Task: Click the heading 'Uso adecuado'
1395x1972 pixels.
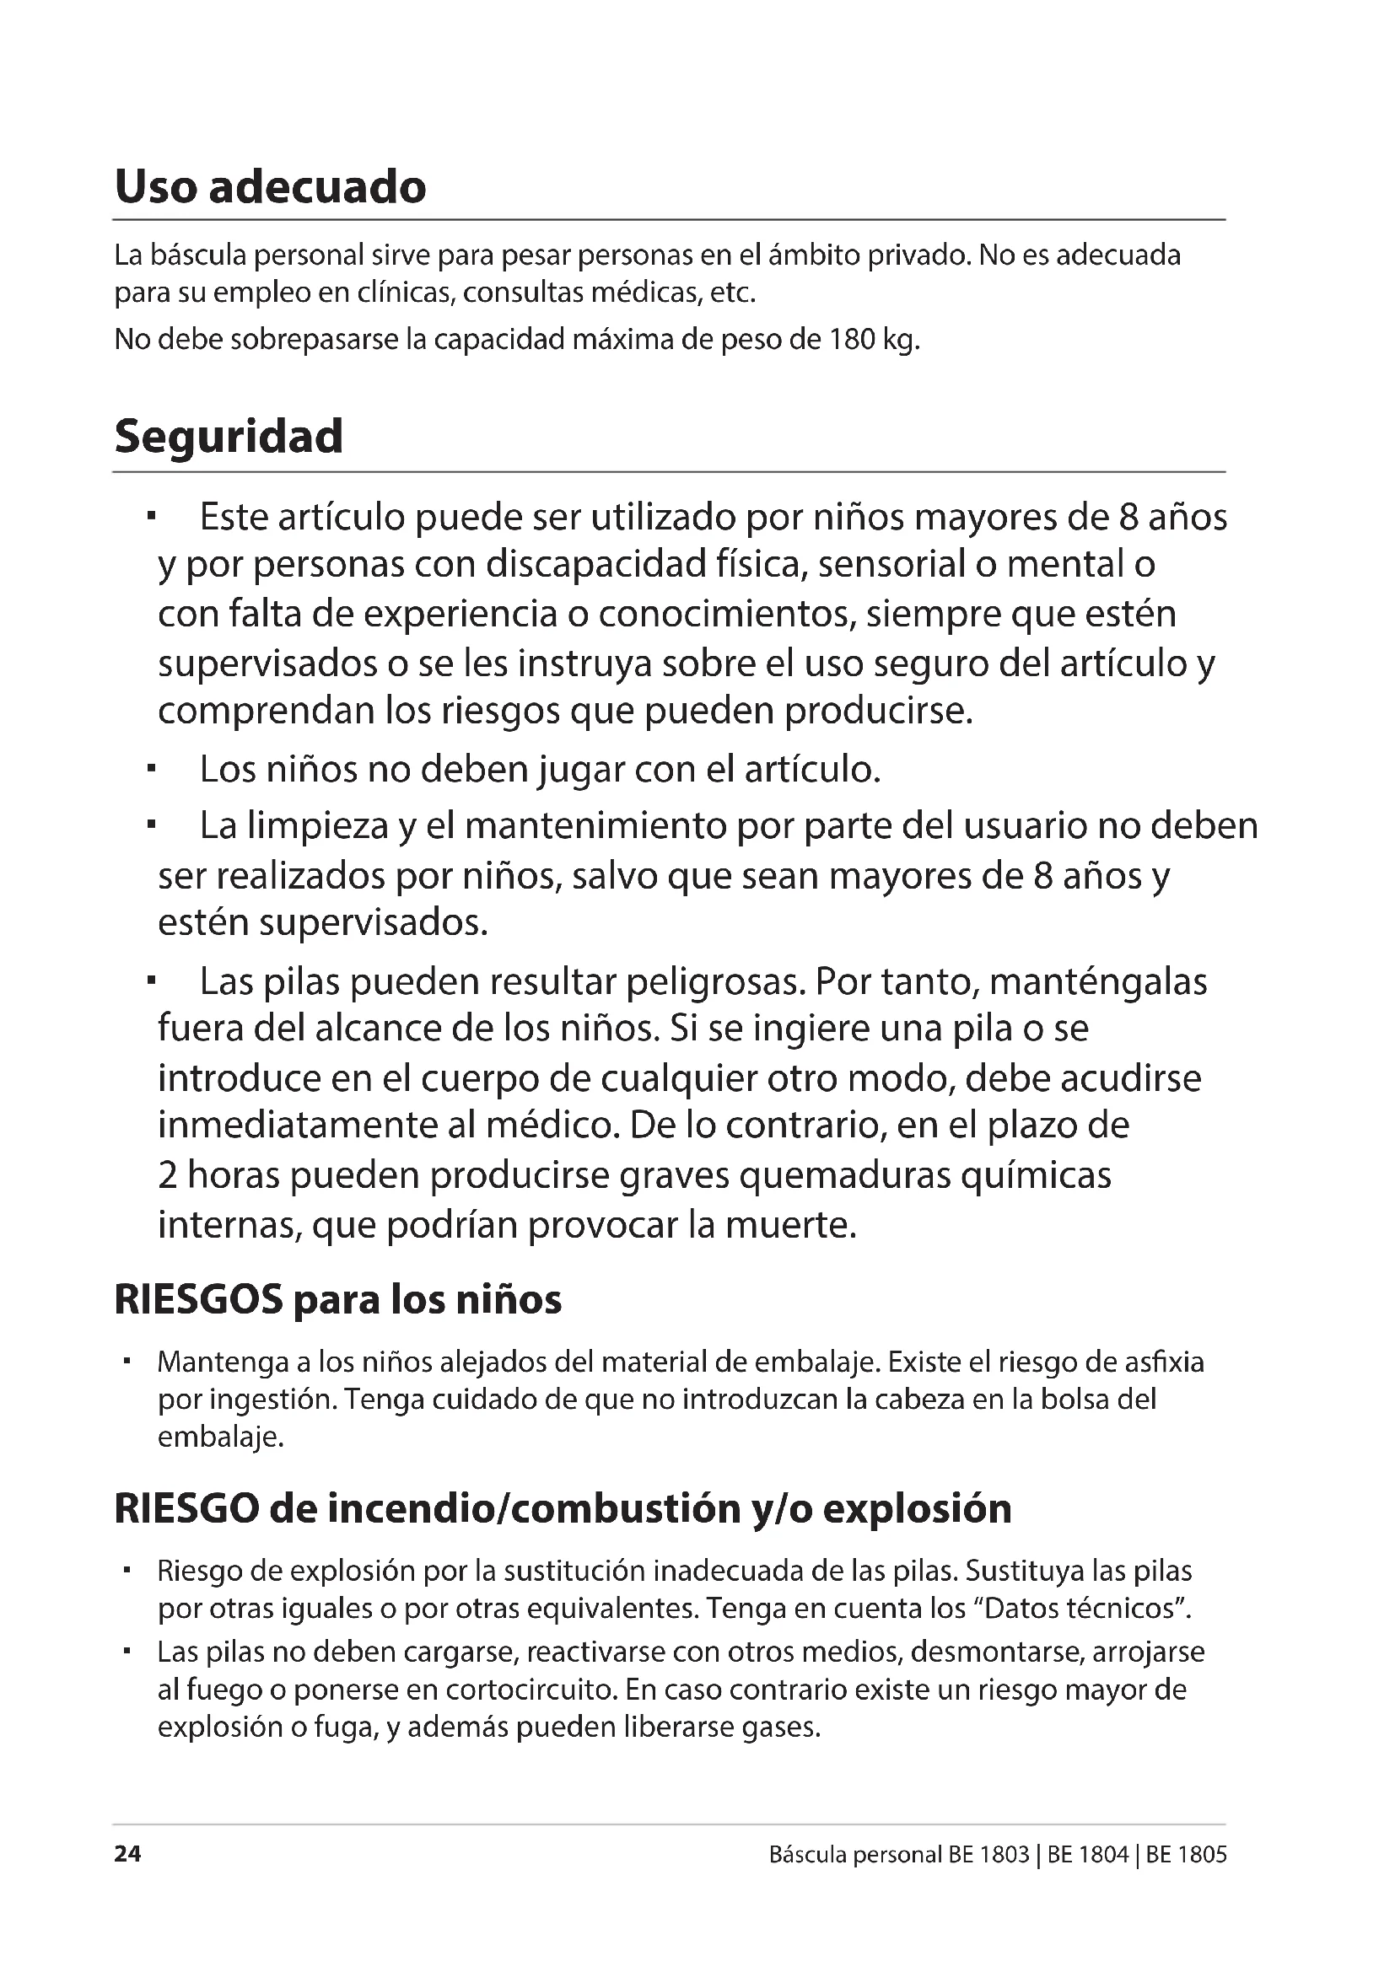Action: [x=270, y=186]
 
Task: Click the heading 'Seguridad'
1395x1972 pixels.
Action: [x=229, y=437]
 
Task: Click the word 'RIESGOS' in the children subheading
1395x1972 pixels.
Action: [x=198, y=1300]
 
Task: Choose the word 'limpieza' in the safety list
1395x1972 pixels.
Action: [x=316, y=826]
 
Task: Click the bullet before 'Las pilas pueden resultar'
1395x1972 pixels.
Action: [x=150, y=980]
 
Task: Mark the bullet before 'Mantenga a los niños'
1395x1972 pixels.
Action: [x=127, y=1362]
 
